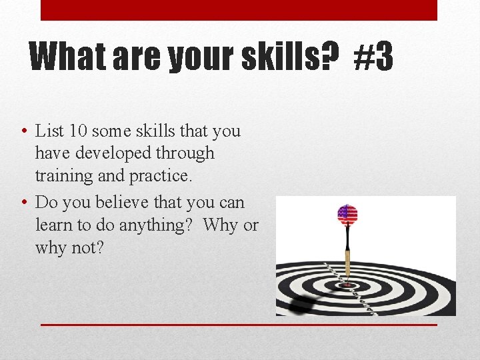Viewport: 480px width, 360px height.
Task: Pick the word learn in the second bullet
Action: click(51, 225)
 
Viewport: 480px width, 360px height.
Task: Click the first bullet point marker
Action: click(23, 131)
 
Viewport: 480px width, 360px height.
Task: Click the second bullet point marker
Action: click(23, 203)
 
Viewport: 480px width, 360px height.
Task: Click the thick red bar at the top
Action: click(239, 10)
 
